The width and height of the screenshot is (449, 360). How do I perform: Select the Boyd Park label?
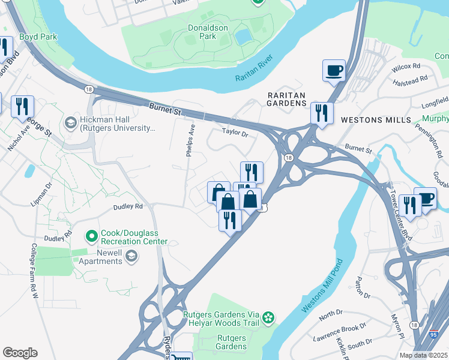[x=37, y=37]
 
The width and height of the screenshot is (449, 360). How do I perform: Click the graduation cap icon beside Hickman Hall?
[x=71, y=123]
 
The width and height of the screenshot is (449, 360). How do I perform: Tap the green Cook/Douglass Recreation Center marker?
[x=91, y=236]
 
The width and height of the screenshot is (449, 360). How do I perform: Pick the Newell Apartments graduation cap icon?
[x=131, y=257]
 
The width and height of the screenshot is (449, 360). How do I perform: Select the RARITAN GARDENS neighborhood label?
[x=286, y=99]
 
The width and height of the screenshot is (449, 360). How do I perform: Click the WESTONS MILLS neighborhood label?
[x=370, y=120]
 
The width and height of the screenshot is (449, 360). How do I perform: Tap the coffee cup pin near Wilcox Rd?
[x=334, y=71]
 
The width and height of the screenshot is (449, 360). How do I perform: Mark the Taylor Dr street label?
[x=235, y=131]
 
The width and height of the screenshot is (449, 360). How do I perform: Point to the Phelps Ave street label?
[x=191, y=140]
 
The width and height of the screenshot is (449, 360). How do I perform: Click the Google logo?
[x=20, y=353]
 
